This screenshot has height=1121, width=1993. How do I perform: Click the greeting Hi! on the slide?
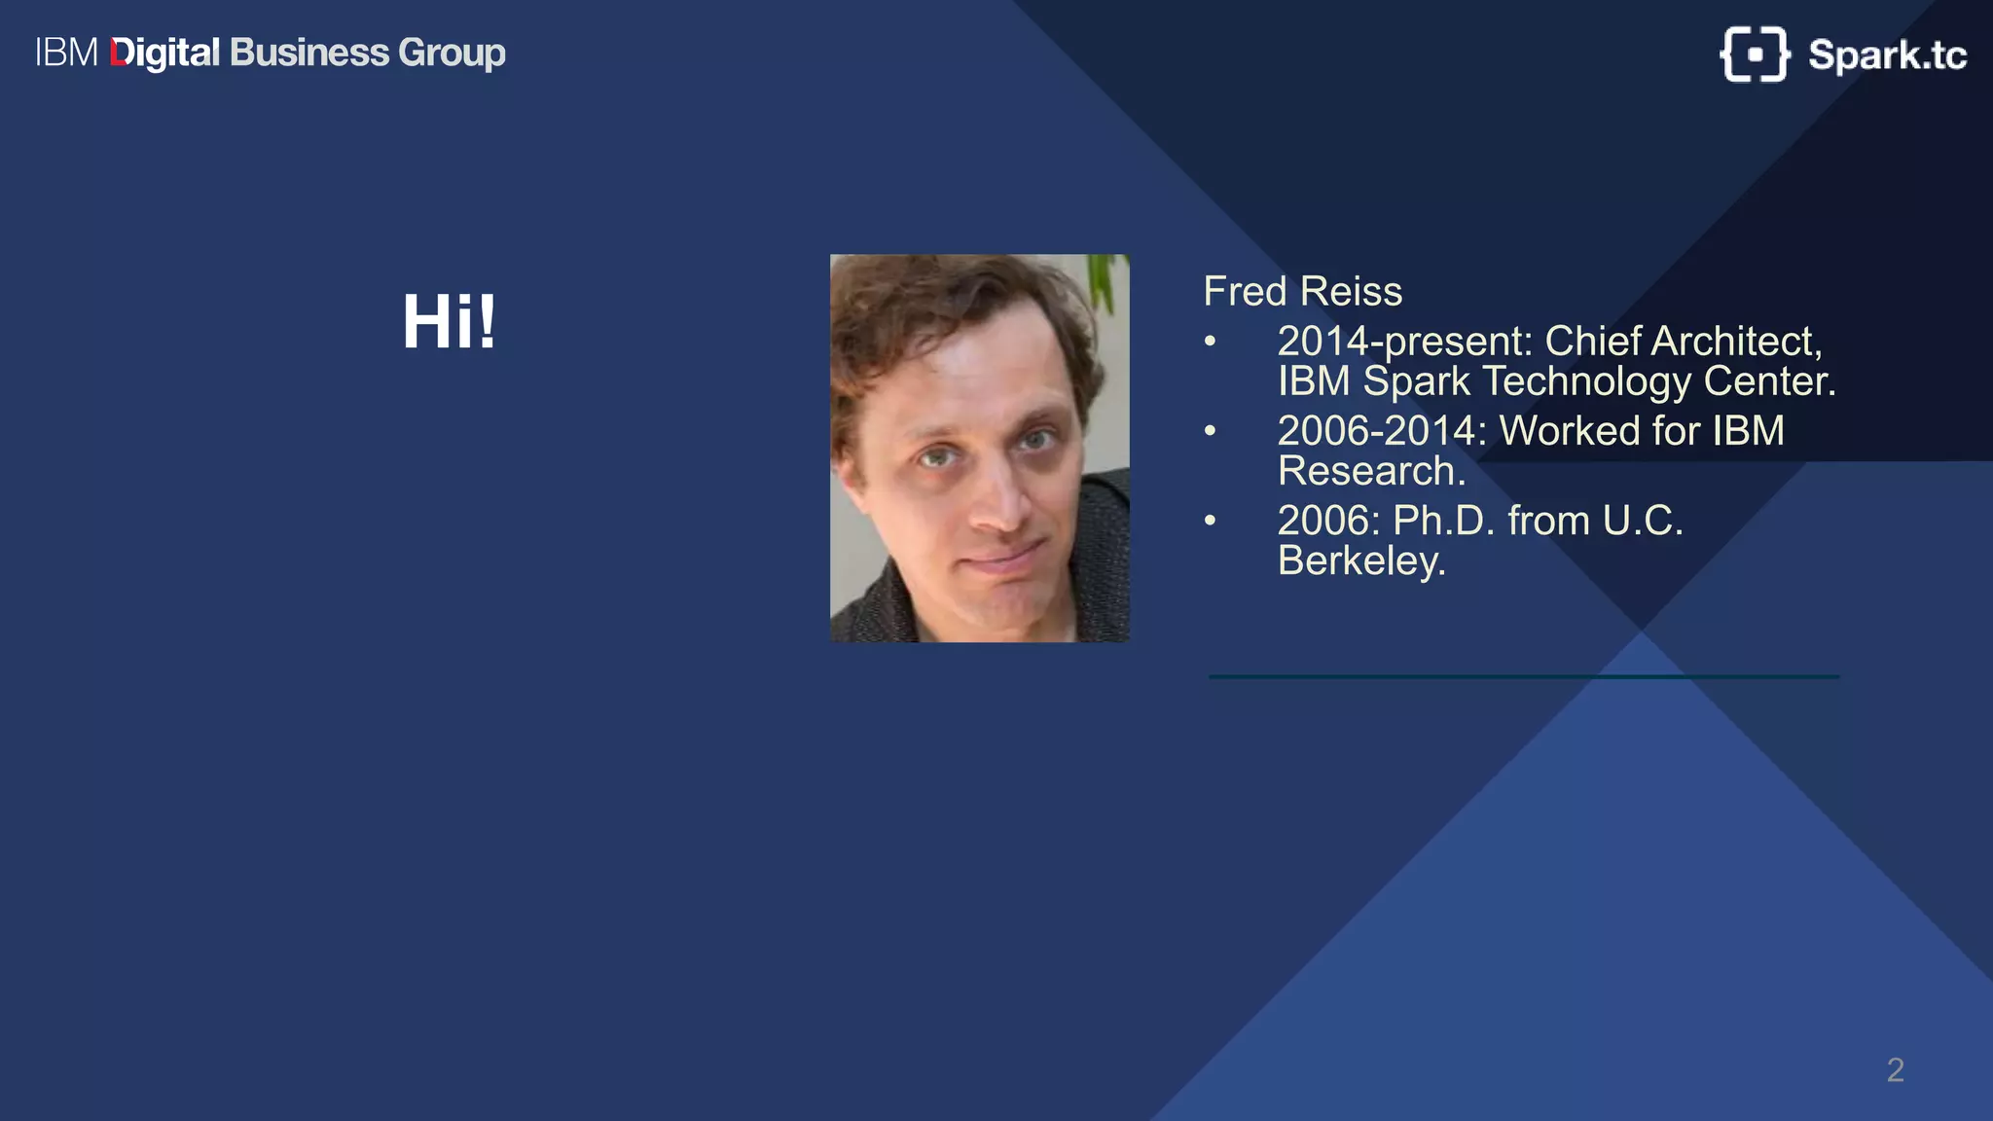449,322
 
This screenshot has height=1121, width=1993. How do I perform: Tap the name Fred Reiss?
1302,291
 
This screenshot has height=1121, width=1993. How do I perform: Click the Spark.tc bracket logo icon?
1755,54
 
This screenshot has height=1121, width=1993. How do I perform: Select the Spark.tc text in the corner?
1887,55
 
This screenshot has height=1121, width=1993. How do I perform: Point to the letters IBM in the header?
66,53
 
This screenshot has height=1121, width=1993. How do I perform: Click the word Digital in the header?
165,54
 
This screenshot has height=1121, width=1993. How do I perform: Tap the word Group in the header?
452,54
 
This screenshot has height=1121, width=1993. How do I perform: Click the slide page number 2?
1895,1070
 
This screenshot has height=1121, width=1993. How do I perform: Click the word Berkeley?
1360,560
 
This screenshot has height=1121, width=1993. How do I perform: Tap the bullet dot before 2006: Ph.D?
1210,521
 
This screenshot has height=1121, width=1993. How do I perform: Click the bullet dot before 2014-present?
1210,342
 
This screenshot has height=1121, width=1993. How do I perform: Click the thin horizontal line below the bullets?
1523,676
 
